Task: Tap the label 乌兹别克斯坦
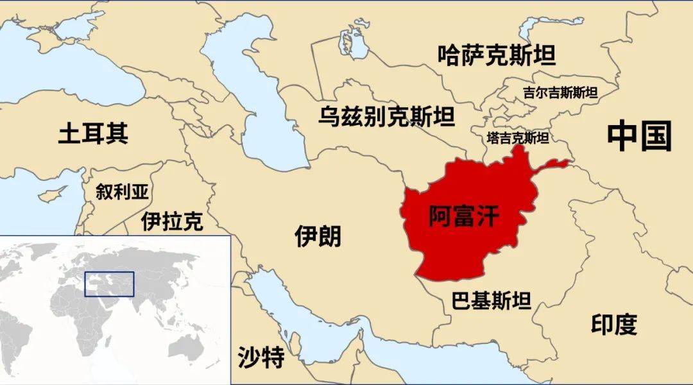tap(387, 117)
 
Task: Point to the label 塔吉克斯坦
tap(517, 138)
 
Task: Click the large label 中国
tap(639, 137)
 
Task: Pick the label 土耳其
tap(93, 133)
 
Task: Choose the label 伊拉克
tap(172, 221)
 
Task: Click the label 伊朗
tap(318, 236)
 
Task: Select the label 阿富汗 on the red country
tap(463, 217)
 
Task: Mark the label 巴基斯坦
tap(491, 300)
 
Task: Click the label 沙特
tap(261, 357)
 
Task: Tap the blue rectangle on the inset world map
tap(110, 284)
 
